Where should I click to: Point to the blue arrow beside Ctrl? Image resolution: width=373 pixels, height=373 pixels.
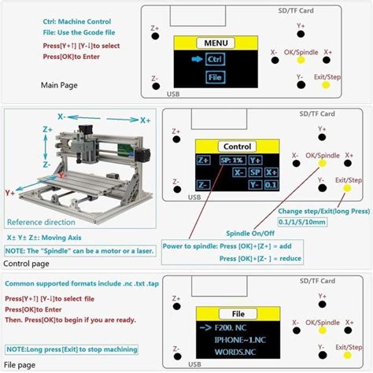pos(191,60)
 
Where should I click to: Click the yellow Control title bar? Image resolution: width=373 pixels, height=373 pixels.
pos(237,146)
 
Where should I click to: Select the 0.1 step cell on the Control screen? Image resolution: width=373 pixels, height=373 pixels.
pos(271,183)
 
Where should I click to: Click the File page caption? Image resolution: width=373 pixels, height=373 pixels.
pos(20,364)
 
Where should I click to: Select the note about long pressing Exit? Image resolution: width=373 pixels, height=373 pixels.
pos(71,349)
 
